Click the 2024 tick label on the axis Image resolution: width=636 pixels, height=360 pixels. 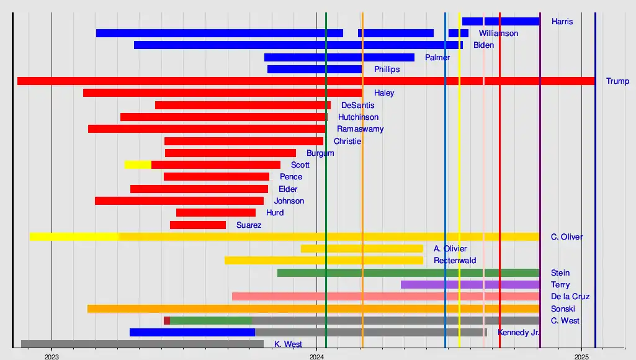coord(316,356)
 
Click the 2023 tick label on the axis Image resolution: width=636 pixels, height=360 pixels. coord(52,356)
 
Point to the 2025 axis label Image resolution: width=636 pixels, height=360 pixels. coord(581,356)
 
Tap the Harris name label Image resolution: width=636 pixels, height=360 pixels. coord(562,22)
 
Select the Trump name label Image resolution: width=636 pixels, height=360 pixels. coord(617,81)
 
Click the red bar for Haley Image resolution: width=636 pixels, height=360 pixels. coord(222,93)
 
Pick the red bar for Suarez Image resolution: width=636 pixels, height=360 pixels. coord(198,225)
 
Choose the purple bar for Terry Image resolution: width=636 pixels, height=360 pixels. coord(470,285)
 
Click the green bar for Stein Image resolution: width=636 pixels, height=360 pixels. coord(408,273)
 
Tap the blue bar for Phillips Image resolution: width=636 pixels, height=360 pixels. coord(315,70)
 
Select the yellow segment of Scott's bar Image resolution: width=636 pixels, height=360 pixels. coord(138,164)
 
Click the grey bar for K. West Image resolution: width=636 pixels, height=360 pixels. coord(142,344)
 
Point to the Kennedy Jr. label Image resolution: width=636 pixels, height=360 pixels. coord(518,333)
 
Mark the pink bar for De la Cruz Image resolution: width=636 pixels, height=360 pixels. coord(385,297)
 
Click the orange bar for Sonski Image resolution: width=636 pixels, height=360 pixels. coord(313,308)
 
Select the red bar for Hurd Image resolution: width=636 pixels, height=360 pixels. coord(216,213)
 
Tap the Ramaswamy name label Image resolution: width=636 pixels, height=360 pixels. coord(360,129)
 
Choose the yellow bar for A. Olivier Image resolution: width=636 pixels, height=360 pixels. coord(362,249)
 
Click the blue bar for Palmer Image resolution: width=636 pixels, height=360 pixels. coord(339,58)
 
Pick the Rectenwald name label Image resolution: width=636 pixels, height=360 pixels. coord(455,261)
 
